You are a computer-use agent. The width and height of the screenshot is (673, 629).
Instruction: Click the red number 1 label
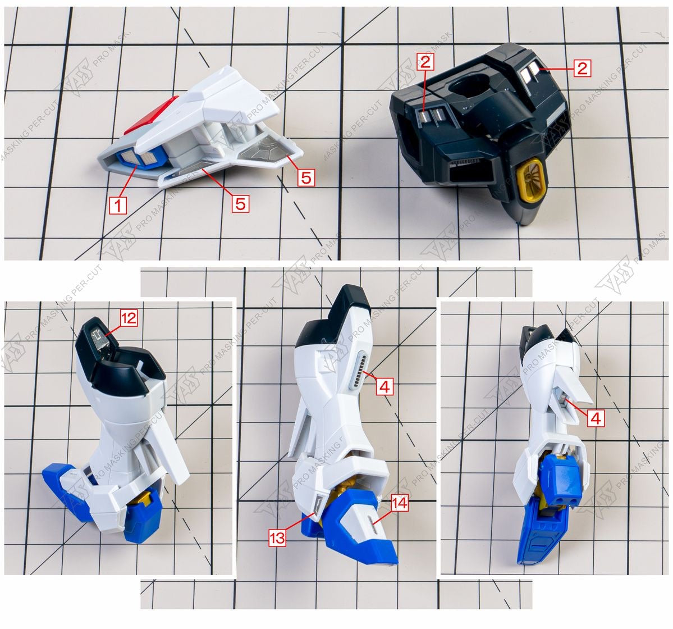pyautogui.click(x=117, y=205)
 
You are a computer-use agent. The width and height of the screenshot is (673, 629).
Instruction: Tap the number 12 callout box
pyautogui.click(x=129, y=318)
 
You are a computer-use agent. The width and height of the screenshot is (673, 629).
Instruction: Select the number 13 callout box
pyautogui.click(x=277, y=537)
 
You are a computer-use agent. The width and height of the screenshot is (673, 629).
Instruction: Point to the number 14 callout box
pyautogui.click(x=399, y=503)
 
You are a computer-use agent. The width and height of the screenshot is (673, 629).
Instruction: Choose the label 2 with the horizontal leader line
pyautogui.click(x=582, y=69)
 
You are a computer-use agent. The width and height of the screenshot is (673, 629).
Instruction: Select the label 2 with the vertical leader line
pyautogui.click(x=425, y=62)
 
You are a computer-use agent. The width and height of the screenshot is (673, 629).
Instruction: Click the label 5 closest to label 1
pyautogui.click(x=240, y=203)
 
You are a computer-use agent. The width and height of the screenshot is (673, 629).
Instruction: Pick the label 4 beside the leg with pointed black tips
pyautogui.click(x=596, y=418)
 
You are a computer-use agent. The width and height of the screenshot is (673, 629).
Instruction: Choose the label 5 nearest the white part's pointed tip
pyautogui.click(x=306, y=177)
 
